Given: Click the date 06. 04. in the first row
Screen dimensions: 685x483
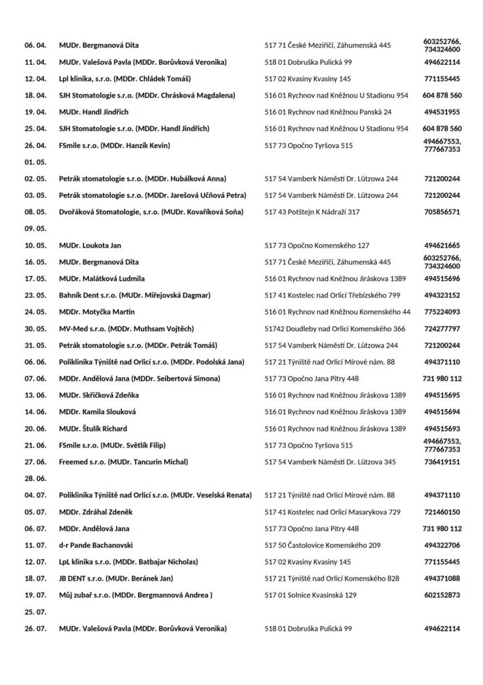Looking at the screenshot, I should tap(35, 45).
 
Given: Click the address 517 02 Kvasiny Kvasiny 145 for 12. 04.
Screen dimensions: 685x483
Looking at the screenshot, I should tap(308, 79).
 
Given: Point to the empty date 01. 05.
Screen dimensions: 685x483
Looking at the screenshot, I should tap(35, 163).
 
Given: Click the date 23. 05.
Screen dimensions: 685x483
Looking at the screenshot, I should tap(35, 295).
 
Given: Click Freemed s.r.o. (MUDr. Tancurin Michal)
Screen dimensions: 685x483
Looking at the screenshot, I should tap(124, 462).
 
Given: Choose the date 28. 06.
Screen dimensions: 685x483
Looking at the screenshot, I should tap(35, 478).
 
